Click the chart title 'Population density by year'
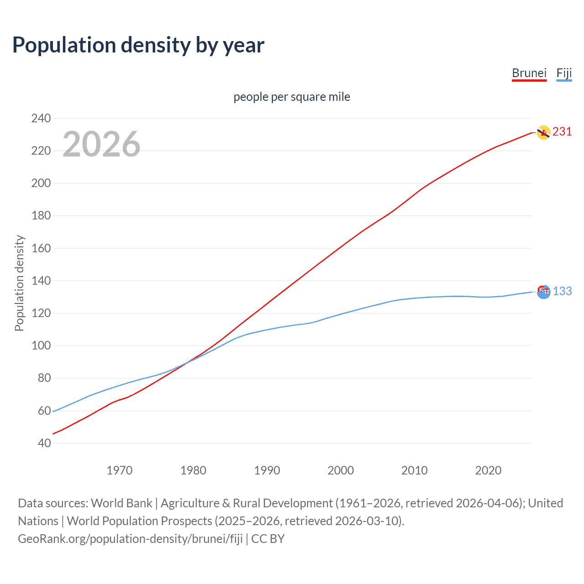coord(138,45)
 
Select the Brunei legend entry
coord(529,73)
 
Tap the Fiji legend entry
coord(564,73)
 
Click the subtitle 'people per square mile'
coord(292,97)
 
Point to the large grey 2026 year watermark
coord(101,144)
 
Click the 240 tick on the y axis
coord(41,118)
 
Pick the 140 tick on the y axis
coord(41,281)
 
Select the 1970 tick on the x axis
coord(120,470)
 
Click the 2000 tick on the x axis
coord(341,470)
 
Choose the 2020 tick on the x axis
coord(488,470)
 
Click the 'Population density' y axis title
coord(19,283)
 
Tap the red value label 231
coord(562,132)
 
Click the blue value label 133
coord(562,291)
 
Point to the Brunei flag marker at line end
coord(543,133)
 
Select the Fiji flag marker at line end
coord(543,292)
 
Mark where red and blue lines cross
coord(187,362)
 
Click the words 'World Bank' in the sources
coord(121,503)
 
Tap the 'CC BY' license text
coord(268,539)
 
